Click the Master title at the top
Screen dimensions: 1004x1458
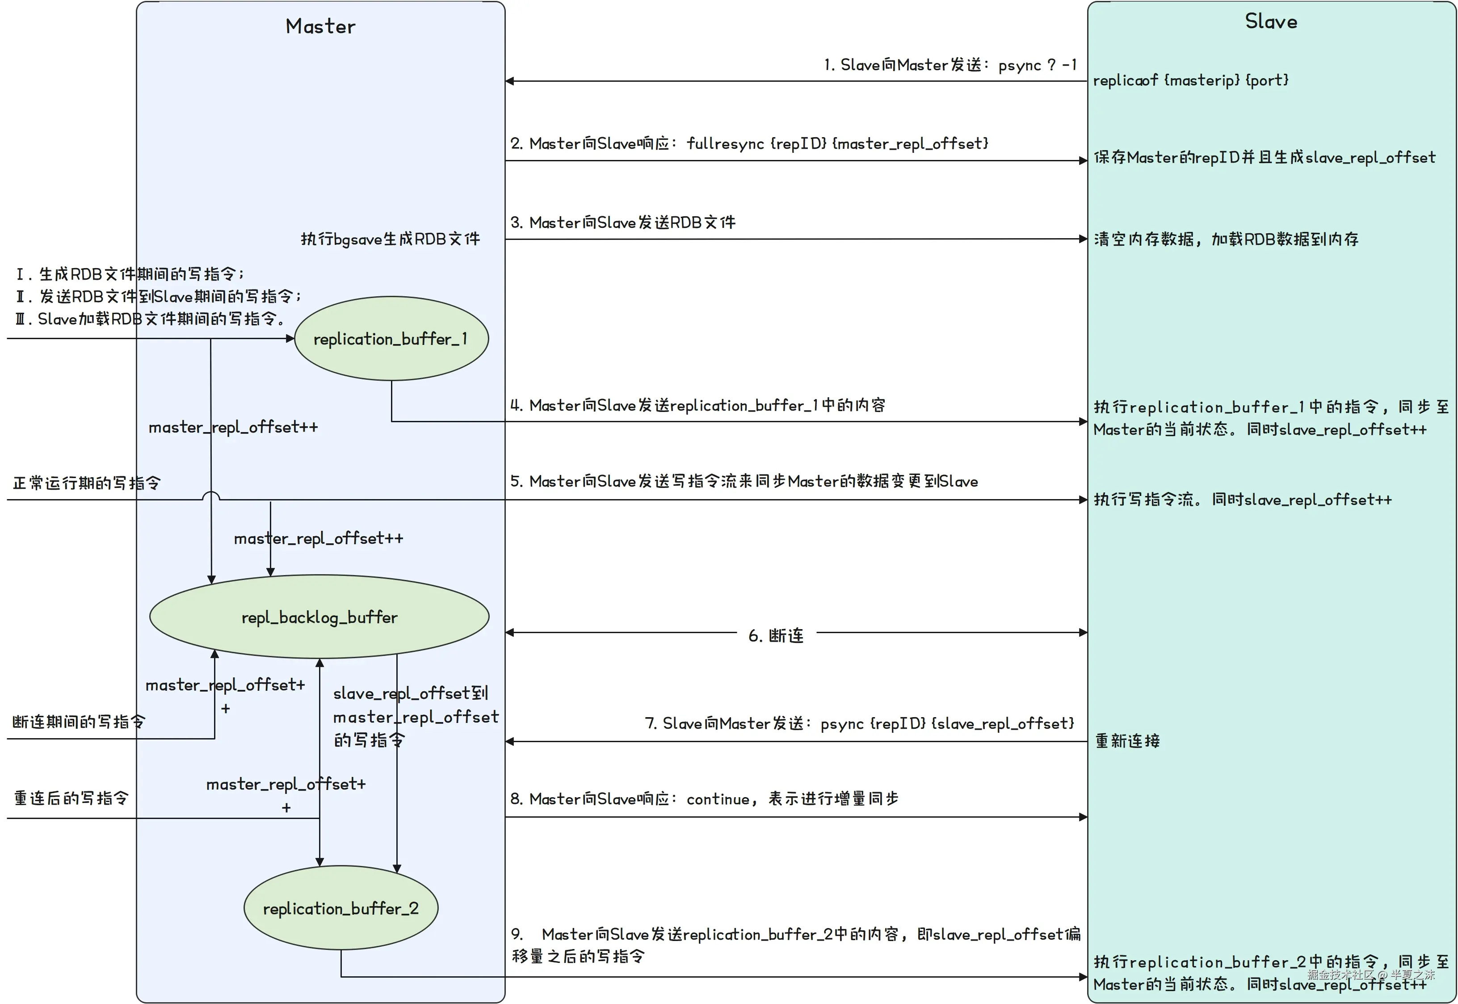[320, 26]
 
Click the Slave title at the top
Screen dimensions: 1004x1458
[1271, 21]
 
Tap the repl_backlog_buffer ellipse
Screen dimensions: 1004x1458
[319, 617]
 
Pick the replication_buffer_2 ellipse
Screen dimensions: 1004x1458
[340, 908]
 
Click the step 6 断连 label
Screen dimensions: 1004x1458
[776, 635]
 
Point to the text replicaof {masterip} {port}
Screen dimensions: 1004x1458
[1191, 80]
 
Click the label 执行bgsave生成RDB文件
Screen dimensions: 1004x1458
[390, 239]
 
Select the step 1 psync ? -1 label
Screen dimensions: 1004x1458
[950, 65]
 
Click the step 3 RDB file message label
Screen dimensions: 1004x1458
[623, 222]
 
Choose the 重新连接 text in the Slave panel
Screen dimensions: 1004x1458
[1127, 741]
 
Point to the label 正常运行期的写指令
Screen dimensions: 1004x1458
[86, 483]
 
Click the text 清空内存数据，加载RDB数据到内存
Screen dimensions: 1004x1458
[1226, 239]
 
